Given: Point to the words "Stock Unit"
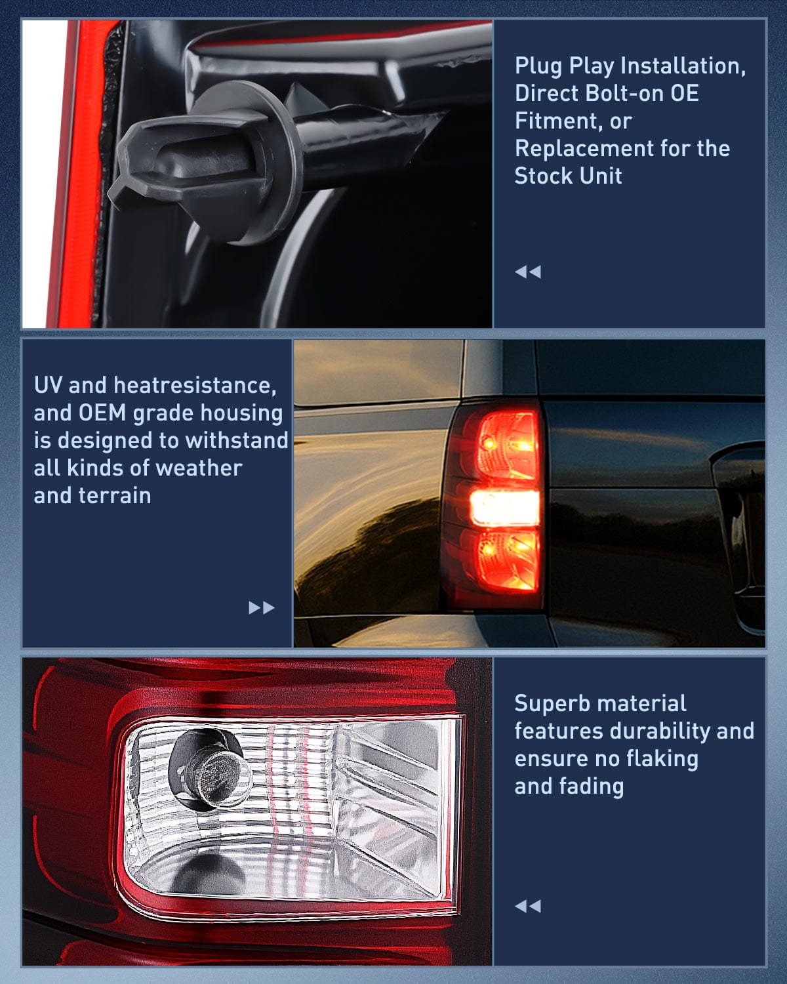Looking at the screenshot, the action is coord(568,176).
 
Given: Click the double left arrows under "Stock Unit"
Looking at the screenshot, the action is coord(528,272).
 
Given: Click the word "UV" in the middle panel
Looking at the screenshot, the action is coord(48,386).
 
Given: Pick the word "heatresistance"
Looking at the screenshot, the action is coord(195,386).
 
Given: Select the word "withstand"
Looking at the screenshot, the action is coord(237,440).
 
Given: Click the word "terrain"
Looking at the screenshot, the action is coord(114,496).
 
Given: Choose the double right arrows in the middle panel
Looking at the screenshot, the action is coord(262,607).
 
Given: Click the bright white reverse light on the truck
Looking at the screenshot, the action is coord(505,508).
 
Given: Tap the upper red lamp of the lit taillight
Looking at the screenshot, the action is coord(507,445).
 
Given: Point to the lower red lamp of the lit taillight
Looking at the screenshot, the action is coord(508,561).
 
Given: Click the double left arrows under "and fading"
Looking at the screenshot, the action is coord(528,907).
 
